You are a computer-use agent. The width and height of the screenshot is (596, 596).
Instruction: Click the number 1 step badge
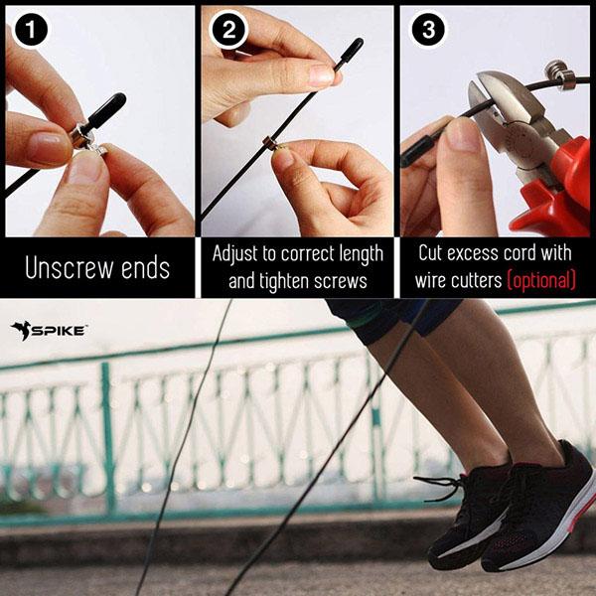[31, 30]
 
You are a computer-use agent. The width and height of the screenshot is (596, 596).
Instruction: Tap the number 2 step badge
[228, 30]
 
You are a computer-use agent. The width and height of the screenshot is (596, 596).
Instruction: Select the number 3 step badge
[428, 30]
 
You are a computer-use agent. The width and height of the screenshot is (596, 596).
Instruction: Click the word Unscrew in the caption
[70, 268]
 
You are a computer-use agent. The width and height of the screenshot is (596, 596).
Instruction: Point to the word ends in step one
[145, 268]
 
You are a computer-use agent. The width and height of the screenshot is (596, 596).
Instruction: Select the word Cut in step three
[431, 252]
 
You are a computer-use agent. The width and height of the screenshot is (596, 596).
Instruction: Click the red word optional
[541, 280]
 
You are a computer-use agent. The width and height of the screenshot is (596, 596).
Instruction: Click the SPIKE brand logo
[49, 331]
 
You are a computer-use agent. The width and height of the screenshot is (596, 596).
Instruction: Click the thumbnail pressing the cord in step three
[461, 134]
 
